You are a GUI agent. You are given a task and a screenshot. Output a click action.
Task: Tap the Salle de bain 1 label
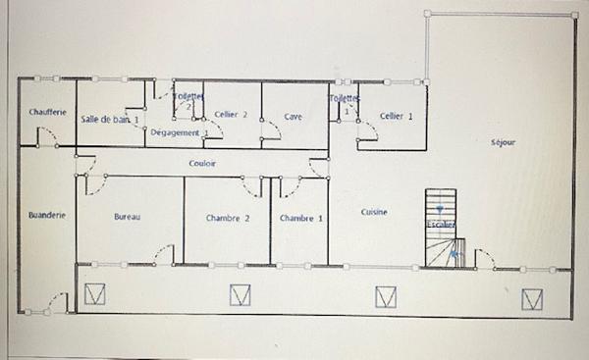coord(110,119)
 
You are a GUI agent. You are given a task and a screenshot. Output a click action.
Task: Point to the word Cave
coord(293,116)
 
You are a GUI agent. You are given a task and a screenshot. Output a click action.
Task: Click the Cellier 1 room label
coord(396,116)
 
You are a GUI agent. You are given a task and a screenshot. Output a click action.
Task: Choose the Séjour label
coord(503,142)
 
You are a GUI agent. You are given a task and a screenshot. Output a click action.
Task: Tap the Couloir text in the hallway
coord(202,163)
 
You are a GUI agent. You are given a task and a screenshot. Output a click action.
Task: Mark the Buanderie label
coord(47,215)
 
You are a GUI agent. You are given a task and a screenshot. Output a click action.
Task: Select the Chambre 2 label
coord(228,218)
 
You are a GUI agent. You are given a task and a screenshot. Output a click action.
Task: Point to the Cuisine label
coord(374,212)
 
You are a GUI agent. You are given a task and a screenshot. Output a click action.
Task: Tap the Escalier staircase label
coord(440,225)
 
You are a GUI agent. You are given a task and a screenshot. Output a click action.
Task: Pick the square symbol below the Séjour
coord(532,297)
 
